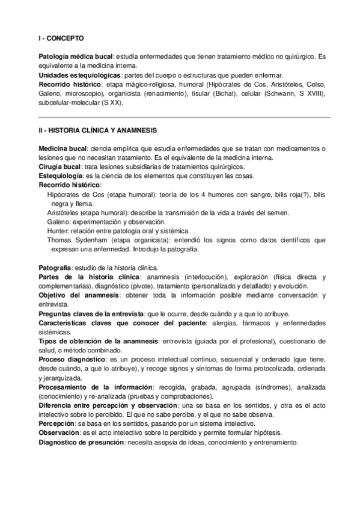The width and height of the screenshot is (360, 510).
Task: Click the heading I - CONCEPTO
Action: tap(59, 37)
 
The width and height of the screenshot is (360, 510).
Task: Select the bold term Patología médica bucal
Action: tap(75, 56)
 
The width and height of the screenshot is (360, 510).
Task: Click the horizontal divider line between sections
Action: tap(180, 117)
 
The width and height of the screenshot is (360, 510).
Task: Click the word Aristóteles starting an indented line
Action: tap(65, 213)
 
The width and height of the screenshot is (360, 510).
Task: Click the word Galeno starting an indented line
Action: tap(59, 222)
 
